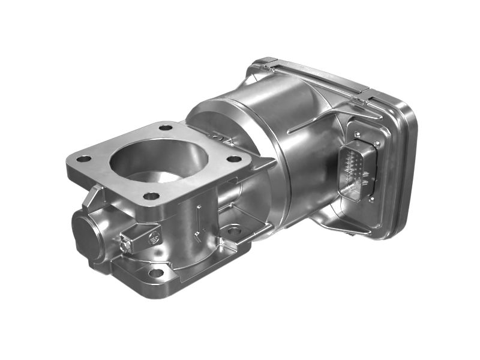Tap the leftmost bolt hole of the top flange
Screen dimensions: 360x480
(x=83, y=159)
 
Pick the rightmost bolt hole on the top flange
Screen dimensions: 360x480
(x=234, y=160)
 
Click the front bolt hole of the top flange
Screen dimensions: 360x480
(x=151, y=196)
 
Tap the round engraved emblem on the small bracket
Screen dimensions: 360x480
(x=152, y=236)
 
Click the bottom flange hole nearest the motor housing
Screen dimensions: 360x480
(x=233, y=230)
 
